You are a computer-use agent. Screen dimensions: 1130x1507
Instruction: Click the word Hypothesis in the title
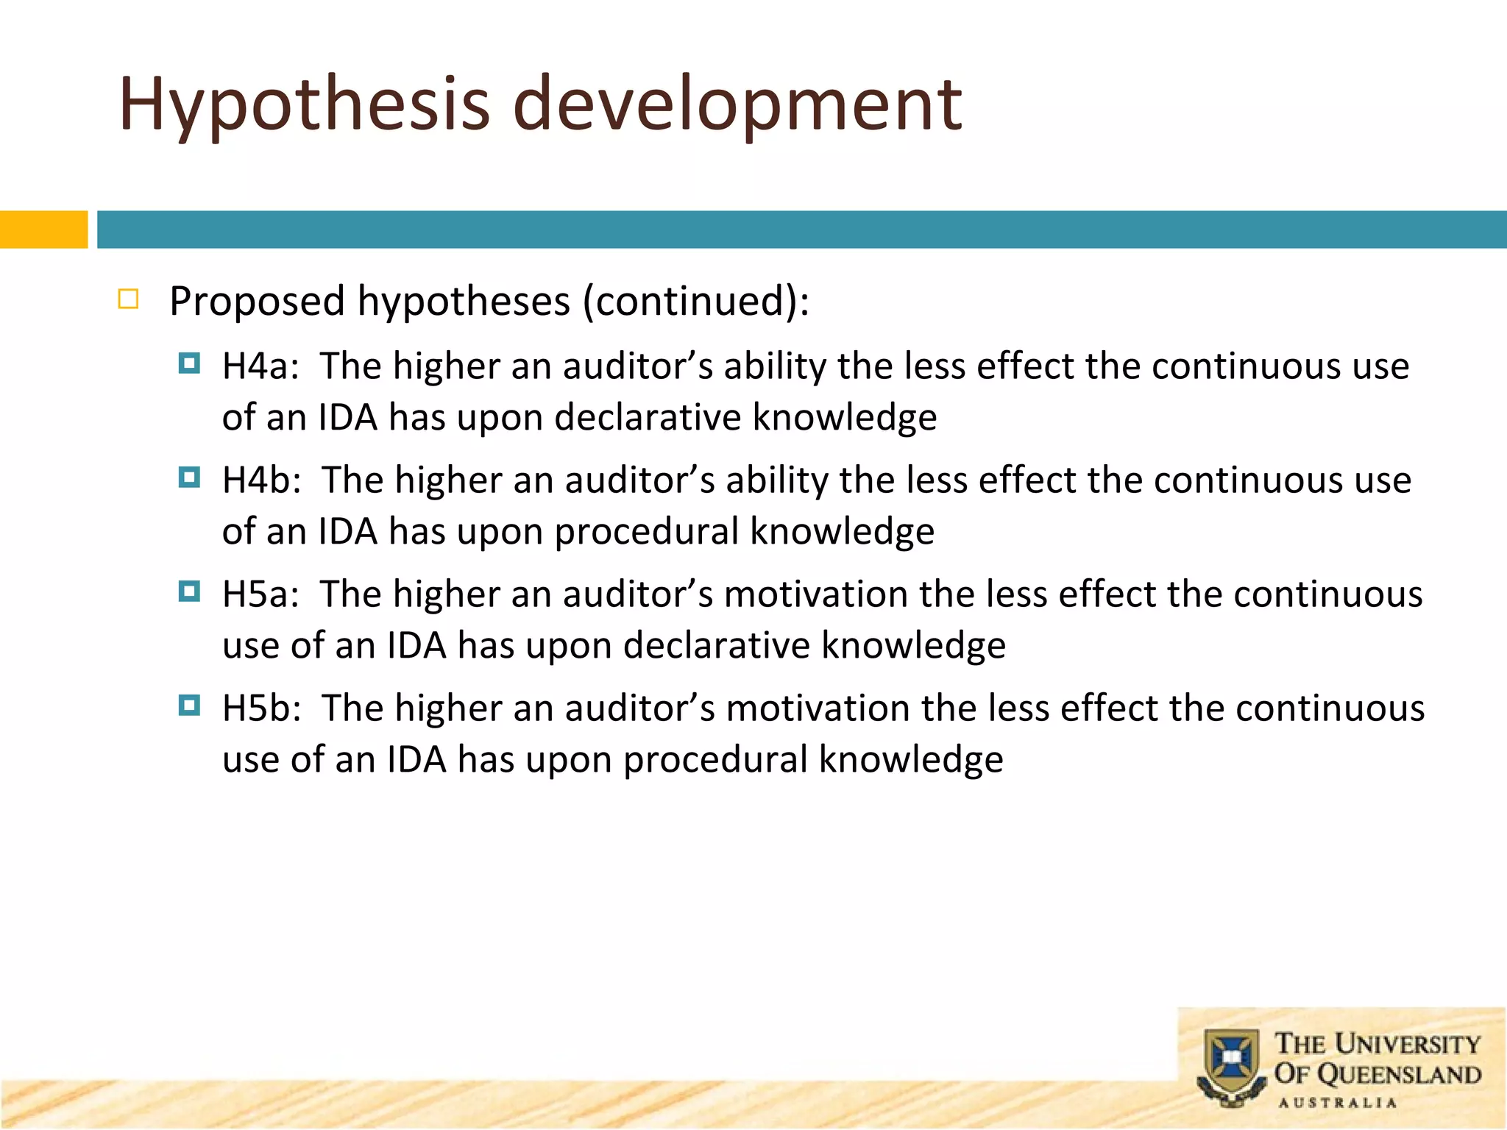304,104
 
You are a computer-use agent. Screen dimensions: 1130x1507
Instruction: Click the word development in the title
737,104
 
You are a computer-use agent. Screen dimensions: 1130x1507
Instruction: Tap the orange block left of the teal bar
43,230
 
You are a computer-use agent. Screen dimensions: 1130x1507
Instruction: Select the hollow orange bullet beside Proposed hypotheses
128,299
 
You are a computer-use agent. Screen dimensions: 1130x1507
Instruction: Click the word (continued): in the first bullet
696,302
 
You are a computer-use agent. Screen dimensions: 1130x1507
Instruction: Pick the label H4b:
262,480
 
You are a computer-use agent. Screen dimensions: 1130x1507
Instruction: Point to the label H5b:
262,708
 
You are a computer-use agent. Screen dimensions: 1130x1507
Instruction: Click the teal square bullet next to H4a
189,363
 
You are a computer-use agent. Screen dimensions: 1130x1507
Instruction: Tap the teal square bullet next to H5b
189,706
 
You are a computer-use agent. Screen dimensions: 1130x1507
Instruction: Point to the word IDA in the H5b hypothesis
416,760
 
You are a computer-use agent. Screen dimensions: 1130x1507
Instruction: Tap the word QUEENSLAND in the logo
1398,1075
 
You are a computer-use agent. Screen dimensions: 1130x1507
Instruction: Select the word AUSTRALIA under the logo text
1337,1103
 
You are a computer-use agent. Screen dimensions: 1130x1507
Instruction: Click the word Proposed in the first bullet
257,302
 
